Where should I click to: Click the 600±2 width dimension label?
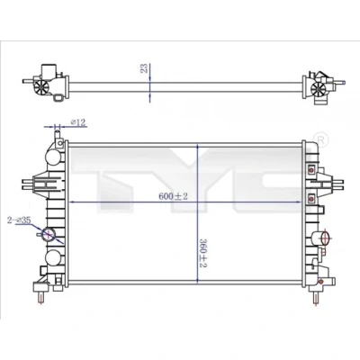point(173,196)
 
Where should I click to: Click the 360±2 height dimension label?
point(204,253)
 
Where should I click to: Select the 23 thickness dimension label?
point(144,68)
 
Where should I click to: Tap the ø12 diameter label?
point(78,122)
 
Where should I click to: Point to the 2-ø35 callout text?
point(19,220)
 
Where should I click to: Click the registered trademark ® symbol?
point(320,139)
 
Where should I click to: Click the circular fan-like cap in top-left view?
point(40,87)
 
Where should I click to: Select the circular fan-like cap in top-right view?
point(318,89)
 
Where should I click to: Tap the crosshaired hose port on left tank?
point(49,234)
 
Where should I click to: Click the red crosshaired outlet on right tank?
point(325,238)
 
